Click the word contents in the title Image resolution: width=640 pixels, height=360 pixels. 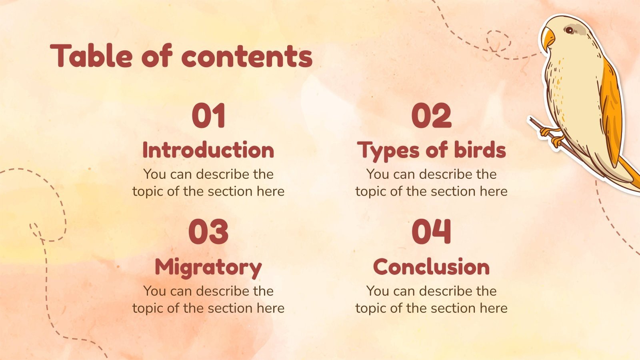click(247, 56)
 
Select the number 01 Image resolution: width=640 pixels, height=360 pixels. click(208, 116)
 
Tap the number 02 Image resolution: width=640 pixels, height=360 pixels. click(431, 116)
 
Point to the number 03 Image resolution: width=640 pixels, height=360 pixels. click(208, 232)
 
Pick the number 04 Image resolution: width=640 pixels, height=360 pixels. click(431, 232)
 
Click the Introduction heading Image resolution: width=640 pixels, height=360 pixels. click(208, 150)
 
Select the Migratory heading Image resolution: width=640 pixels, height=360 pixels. click(208, 267)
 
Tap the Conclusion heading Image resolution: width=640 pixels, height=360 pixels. click(431, 267)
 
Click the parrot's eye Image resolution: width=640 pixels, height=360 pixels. click(568, 30)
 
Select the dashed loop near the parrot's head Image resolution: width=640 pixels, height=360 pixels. click(498, 40)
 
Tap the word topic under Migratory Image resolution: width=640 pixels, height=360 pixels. click(148, 308)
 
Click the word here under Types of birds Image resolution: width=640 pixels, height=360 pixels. click(494, 191)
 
